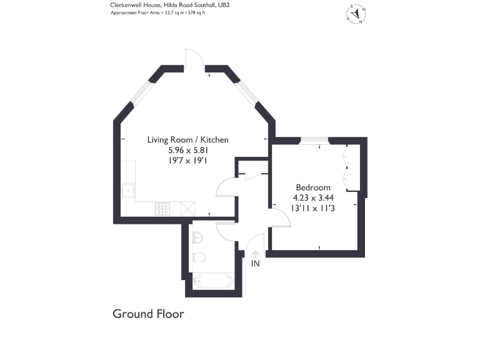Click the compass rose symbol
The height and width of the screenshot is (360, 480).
357,14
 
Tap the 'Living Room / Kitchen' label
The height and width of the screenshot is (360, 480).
187,140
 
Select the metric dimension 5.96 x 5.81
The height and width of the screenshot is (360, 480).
187,151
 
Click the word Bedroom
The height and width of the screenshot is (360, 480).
313,187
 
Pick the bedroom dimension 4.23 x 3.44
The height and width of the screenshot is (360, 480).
314,198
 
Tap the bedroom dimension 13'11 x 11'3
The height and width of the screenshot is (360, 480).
314,209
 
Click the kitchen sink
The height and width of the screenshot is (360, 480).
129,189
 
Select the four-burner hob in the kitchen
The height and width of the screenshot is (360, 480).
164,209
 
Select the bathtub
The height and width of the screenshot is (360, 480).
212,281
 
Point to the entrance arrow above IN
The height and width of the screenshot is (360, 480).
255,253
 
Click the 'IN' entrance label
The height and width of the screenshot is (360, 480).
255,264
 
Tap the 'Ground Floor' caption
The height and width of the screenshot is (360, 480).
148,314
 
